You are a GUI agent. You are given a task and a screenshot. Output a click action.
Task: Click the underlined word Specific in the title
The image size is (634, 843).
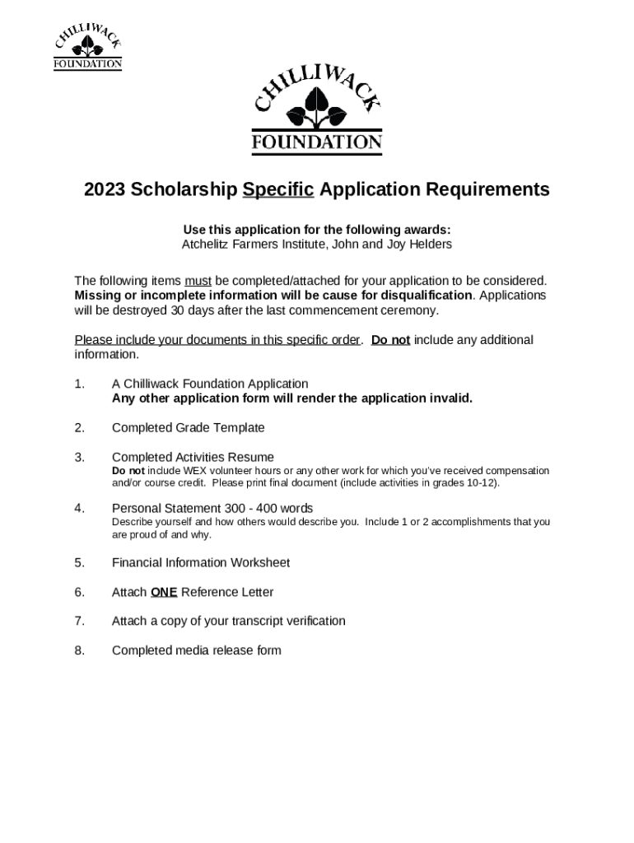pos(278,190)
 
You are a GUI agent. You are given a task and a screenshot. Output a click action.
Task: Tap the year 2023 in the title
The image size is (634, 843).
pos(105,190)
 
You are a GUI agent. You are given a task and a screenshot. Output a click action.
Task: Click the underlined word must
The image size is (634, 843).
pos(198,281)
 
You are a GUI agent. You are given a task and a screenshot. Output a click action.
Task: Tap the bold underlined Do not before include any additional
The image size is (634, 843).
pos(390,340)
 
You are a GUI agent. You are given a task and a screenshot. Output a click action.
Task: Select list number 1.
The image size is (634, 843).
pos(79,384)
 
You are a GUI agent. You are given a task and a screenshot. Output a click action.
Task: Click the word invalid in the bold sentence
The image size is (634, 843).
pos(450,398)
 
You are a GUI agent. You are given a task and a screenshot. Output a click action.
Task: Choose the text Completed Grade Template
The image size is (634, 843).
pos(188,427)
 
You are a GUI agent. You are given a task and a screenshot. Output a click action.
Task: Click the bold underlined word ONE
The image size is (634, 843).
pos(164,592)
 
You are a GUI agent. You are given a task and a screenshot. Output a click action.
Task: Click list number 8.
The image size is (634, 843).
pos(79,650)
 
